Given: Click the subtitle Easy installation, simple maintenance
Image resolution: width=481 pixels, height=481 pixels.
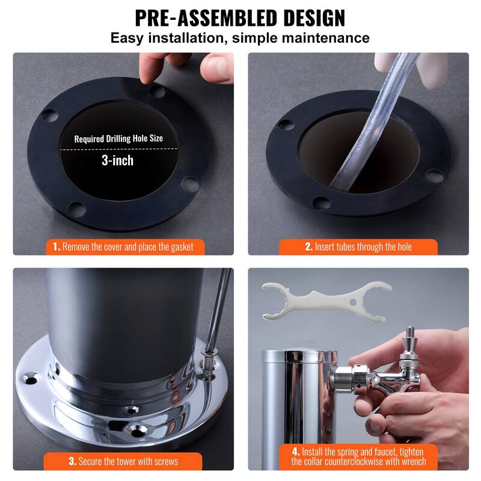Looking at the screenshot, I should (x=240, y=38).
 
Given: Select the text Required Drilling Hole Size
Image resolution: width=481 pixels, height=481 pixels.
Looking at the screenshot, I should (x=118, y=138).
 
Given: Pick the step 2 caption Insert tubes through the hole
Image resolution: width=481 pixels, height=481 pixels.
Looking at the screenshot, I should (x=358, y=247).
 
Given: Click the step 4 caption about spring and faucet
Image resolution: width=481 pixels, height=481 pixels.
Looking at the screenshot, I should (x=358, y=456).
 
